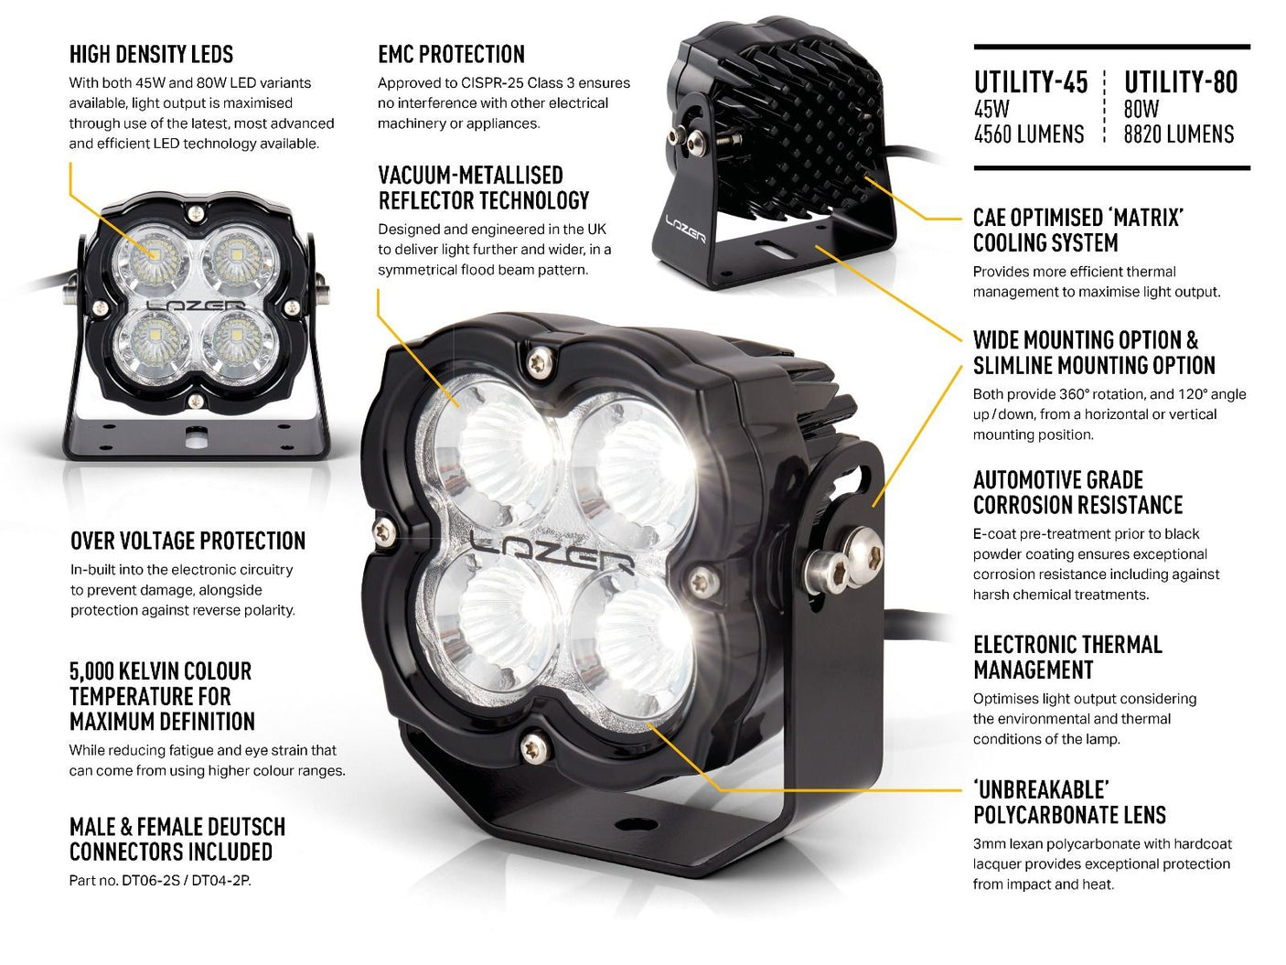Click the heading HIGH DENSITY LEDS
(x=151, y=55)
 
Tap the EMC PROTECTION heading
(x=451, y=55)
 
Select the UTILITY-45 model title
(x=1030, y=83)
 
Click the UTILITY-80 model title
(x=1180, y=83)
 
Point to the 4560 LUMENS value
(x=1028, y=135)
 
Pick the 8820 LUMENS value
(x=1178, y=135)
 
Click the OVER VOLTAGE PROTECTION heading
(x=188, y=541)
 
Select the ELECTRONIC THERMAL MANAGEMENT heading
(x=1066, y=658)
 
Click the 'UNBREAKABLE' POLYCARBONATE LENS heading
(x=1068, y=802)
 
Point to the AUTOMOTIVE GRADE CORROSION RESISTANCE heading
(x=1077, y=493)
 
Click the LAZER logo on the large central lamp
(x=552, y=552)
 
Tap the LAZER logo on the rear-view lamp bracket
(x=685, y=229)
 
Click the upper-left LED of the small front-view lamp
(x=152, y=262)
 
